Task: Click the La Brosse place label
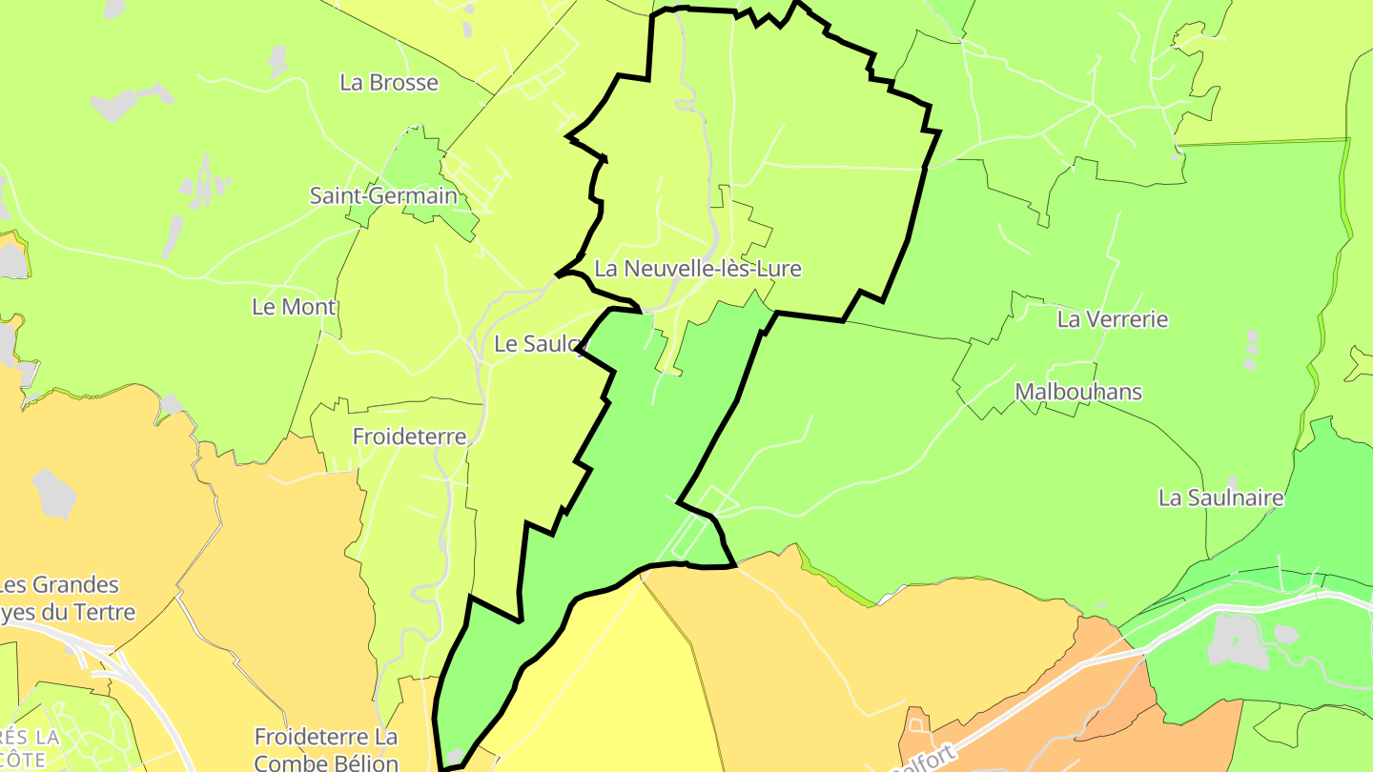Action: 389,83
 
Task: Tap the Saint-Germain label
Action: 383,196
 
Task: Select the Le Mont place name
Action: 294,307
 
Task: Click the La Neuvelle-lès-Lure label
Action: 697,270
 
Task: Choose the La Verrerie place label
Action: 1112,319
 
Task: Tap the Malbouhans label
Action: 1078,392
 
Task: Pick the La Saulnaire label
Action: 1220,498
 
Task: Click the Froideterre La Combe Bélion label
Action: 326,749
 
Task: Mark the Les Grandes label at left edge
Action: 59,585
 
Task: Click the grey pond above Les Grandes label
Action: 54,491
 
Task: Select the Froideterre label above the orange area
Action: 409,437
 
